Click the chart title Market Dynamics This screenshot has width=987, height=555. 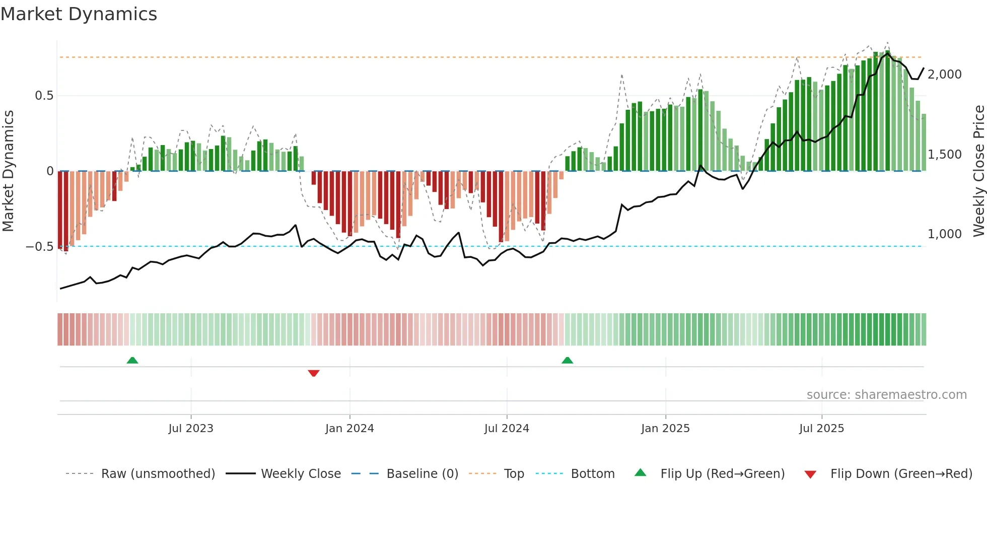point(79,14)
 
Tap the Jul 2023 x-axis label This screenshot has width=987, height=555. point(191,429)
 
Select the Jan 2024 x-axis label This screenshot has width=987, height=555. point(349,429)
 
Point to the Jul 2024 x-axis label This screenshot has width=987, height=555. point(507,429)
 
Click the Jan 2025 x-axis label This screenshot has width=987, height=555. point(665,429)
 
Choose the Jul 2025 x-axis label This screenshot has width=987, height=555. point(821,429)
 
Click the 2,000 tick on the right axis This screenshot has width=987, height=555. point(944,75)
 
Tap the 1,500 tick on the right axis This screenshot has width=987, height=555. point(944,155)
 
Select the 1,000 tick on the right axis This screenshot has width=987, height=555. point(944,234)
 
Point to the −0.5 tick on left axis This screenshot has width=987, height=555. point(39,247)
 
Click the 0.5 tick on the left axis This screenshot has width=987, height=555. point(44,96)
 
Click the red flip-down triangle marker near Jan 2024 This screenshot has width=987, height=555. point(314,373)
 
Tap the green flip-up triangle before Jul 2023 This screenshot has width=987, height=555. point(132,360)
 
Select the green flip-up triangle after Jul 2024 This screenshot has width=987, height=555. point(567,360)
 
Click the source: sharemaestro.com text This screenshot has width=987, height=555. point(886,395)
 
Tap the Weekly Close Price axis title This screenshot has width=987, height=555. point(978,171)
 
